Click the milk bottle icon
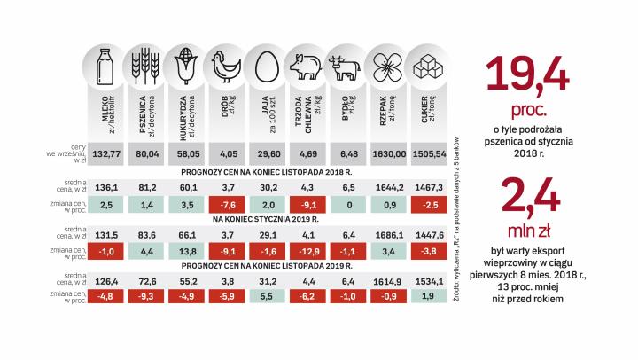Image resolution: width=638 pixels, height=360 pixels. [x=105, y=63]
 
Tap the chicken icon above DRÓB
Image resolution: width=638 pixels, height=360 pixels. [x=222, y=64]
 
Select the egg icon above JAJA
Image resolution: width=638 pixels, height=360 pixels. [x=263, y=64]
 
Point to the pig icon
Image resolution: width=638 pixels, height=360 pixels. [x=303, y=64]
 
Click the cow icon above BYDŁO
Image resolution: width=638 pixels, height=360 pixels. [x=343, y=64]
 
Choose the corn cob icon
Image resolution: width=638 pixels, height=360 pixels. [x=183, y=64]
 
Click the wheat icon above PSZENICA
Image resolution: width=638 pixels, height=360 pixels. [x=144, y=64]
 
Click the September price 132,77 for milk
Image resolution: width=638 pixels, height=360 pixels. [x=105, y=153]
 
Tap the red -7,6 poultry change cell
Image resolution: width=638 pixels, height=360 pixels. [x=222, y=205]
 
